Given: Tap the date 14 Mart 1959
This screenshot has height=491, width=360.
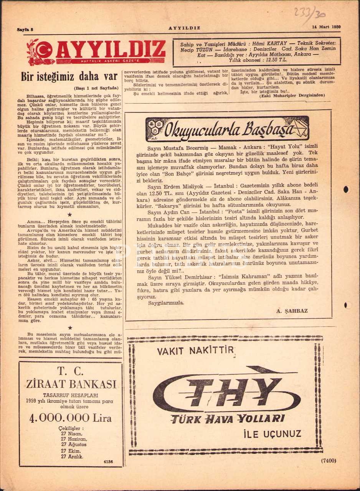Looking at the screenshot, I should (x=327, y=27).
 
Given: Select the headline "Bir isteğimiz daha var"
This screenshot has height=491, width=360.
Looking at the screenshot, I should (x=69, y=77).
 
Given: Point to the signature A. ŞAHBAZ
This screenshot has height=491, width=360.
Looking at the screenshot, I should (x=292, y=311).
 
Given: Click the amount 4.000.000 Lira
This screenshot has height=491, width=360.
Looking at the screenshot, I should (x=71, y=418).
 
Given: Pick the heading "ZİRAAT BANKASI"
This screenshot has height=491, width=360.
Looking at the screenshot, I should (x=71, y=384).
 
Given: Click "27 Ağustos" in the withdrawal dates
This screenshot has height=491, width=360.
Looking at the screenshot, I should (x=74, y=445).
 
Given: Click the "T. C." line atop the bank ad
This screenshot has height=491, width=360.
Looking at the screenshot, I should (x=71, y=371).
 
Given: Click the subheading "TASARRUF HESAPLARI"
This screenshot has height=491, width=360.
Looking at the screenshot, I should (x=71, y=395).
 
